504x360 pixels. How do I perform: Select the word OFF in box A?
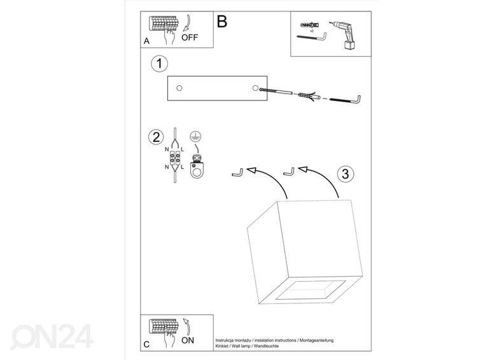click(190, 38)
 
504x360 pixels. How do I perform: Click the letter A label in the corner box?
click(146, 41)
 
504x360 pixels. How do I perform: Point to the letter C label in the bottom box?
click(146, 344)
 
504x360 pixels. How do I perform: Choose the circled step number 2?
click(154, 137)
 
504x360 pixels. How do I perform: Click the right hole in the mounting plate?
click(255, 88)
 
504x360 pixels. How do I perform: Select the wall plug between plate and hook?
click(307, 96)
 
